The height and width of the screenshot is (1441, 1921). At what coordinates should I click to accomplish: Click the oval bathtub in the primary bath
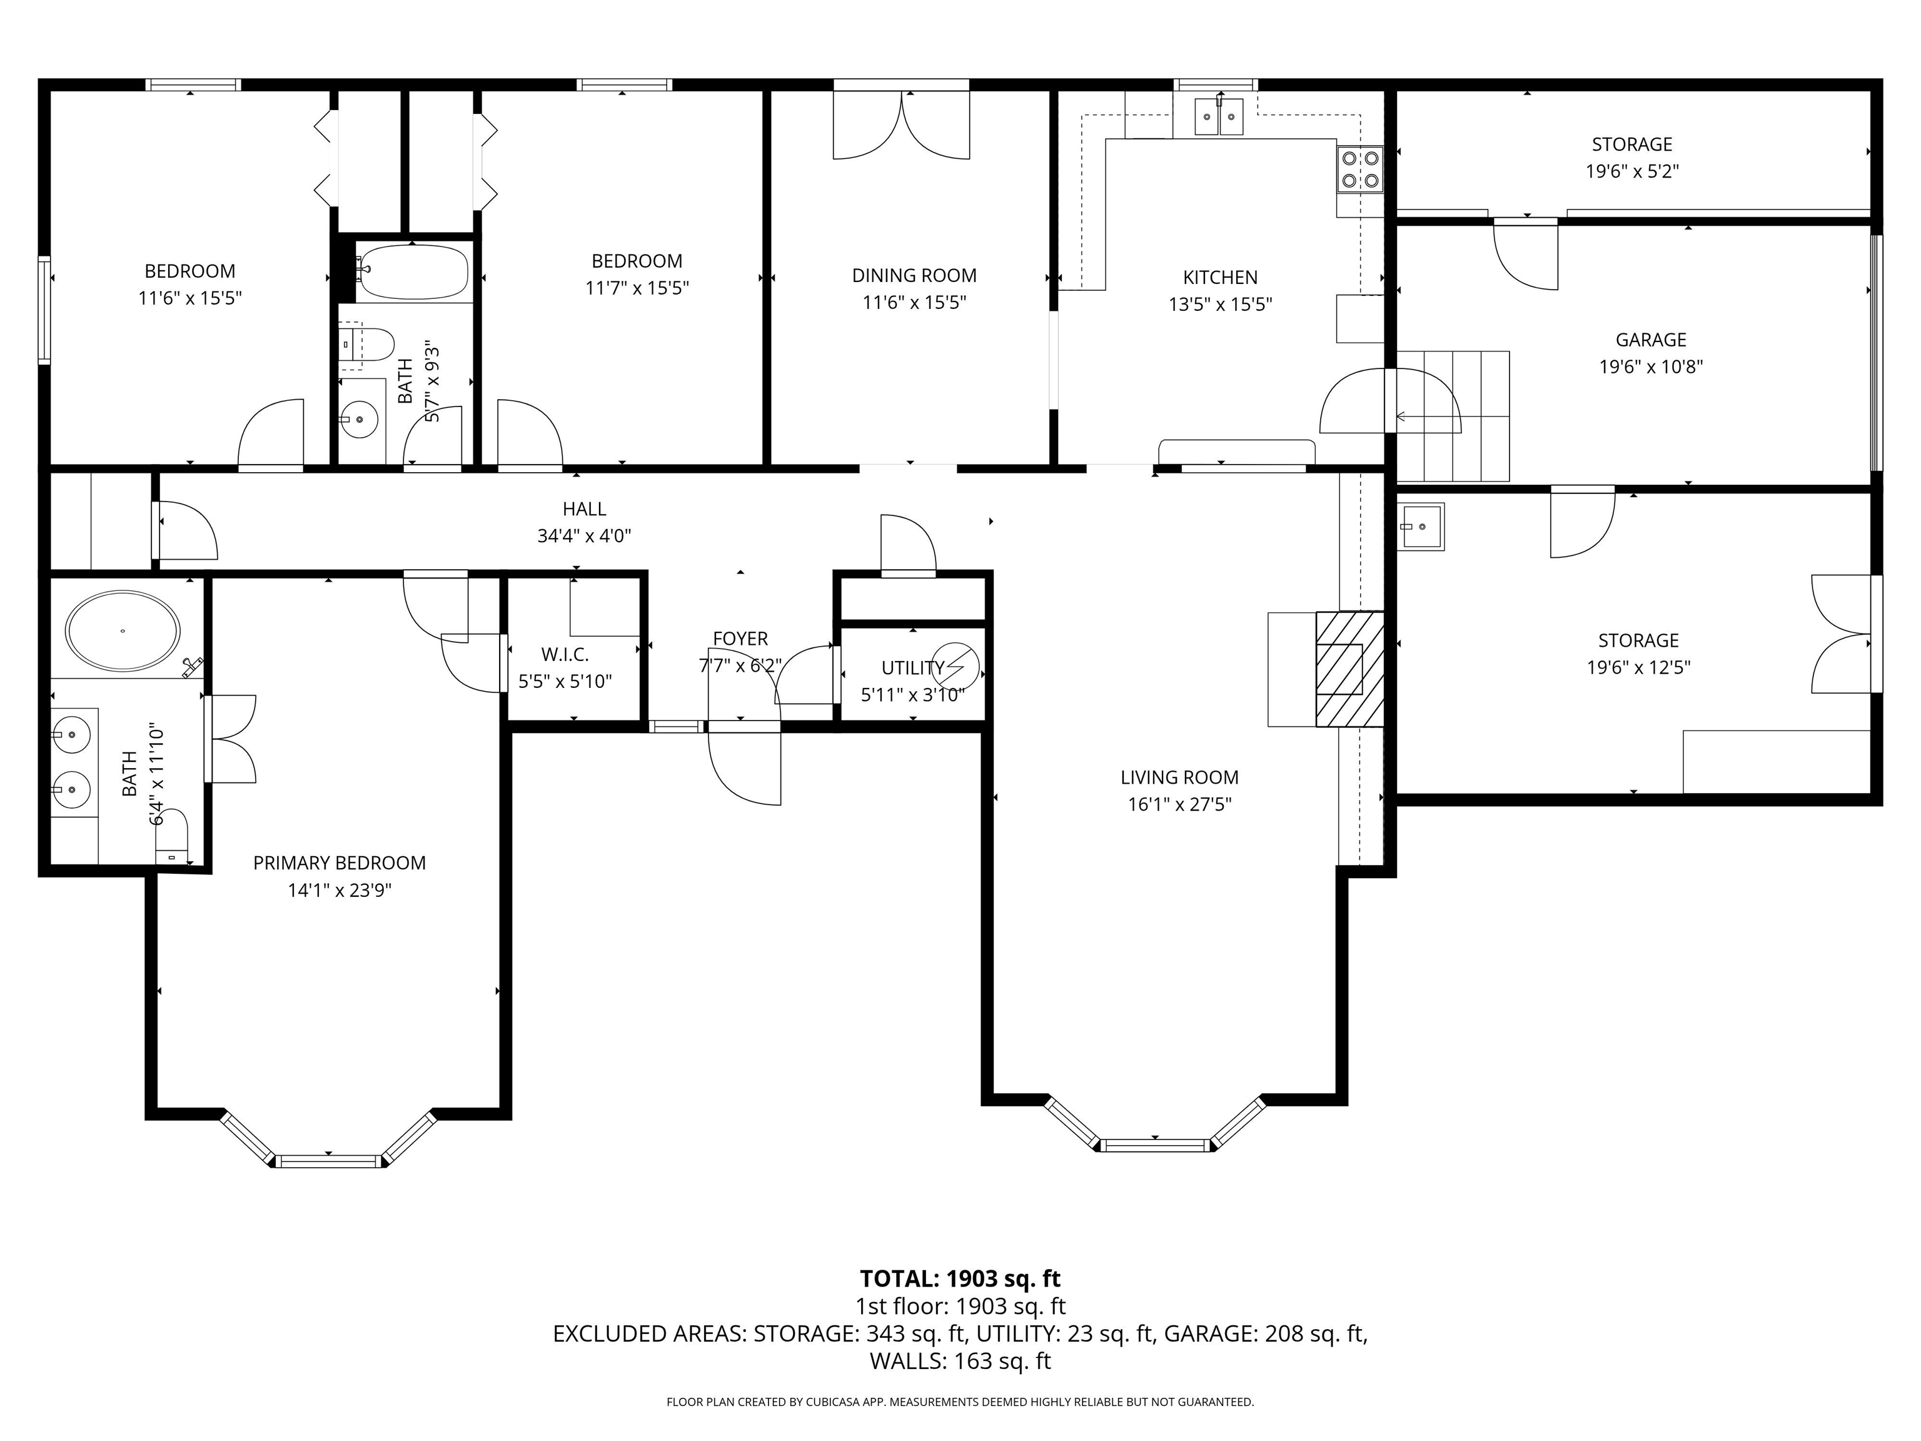(x=123, y=630)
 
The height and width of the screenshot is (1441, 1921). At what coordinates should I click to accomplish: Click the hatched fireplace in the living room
(x=1349, y=669)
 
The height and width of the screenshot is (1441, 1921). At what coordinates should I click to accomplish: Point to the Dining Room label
(x=914, y=275)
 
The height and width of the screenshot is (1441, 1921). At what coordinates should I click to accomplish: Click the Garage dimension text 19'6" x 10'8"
(x=1650, y=367)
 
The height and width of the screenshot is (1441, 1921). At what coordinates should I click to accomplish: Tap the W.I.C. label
(x=565, y=654)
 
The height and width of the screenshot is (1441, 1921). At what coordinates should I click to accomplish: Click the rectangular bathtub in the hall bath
(x=413, y=271)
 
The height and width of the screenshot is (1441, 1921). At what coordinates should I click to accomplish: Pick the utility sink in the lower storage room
(x=1421, y=527)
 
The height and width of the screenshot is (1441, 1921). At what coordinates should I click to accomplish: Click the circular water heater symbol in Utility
(x=955, y=667)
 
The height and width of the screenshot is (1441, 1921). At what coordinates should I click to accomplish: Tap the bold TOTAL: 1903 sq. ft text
(x=960, y=1278)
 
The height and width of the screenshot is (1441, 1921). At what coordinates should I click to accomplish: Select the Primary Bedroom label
(x=340, y=862)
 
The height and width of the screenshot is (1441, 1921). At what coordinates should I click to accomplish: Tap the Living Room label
(x=1179, y=777)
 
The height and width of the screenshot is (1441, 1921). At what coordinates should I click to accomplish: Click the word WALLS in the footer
(x=907, y=1361)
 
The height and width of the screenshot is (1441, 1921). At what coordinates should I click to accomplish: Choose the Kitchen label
(x=1220, y=277)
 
